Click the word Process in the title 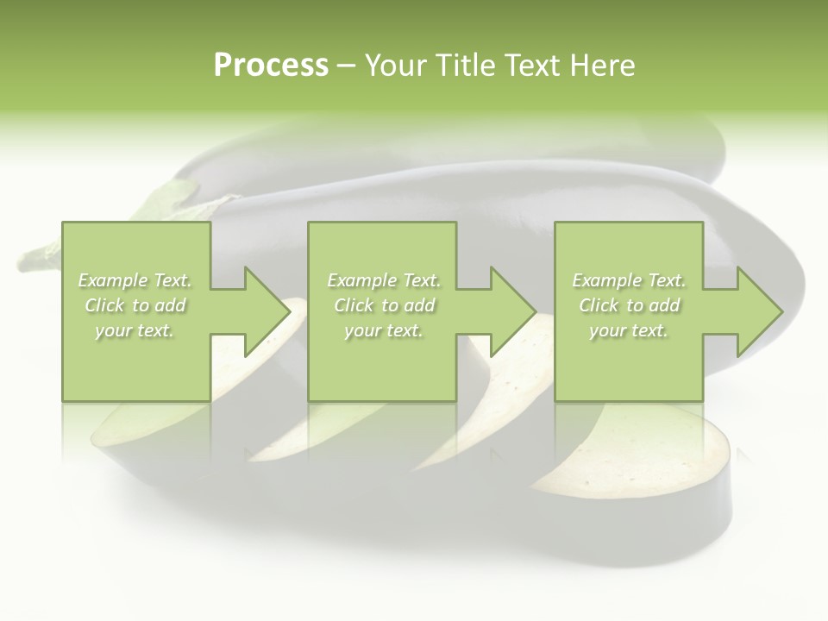271,66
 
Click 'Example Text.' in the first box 135,280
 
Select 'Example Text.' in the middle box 384,280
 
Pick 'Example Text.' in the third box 629,280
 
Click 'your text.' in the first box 135,330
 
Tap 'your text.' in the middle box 383,330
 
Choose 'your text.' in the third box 628,330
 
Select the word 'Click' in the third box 599,305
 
